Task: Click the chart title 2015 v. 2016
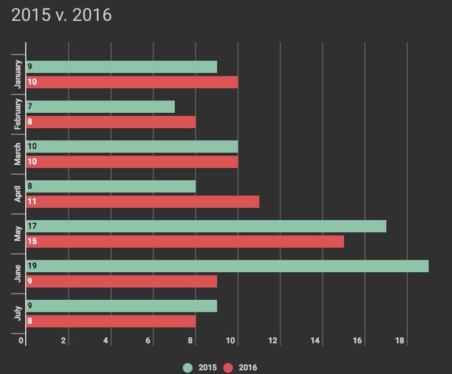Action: (61, 15)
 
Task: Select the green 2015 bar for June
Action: (227, 266)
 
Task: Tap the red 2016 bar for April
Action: (142, 202)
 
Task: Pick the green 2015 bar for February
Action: (101, 107)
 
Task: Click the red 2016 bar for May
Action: (185, 242)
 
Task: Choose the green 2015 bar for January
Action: (121, 67)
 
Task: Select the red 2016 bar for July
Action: (111, 321)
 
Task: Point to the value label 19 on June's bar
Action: (33, 266)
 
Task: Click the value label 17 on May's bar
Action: (33, 226)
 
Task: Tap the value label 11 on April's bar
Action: (33, 202)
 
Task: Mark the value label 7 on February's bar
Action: (30, 107)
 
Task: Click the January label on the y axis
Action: (18, 74)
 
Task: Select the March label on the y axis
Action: (18, 154)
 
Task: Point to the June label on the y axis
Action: (18, 273)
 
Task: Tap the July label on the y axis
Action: (18, 313)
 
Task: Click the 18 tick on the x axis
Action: (399, 341)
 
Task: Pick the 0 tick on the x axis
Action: (21, 341)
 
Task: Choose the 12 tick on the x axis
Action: (273, 341)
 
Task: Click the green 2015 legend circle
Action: (188, 367)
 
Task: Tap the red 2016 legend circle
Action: (229, 367)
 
